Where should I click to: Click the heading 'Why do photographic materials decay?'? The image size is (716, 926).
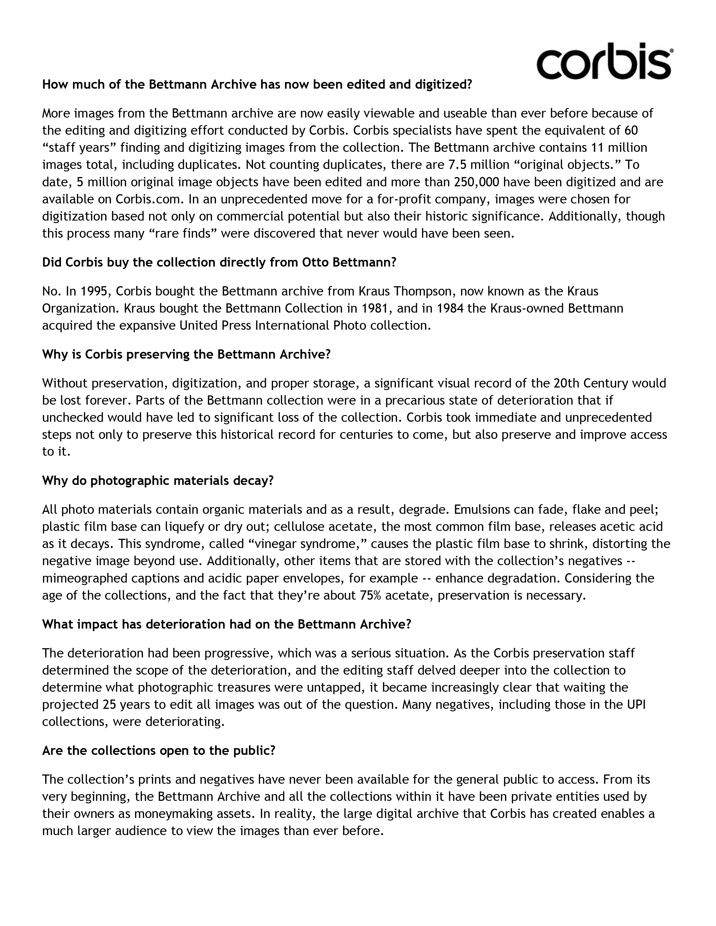point(158,481)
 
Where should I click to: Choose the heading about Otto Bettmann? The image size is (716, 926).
point(219,263)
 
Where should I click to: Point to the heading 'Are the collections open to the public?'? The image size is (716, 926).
point(159,751)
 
